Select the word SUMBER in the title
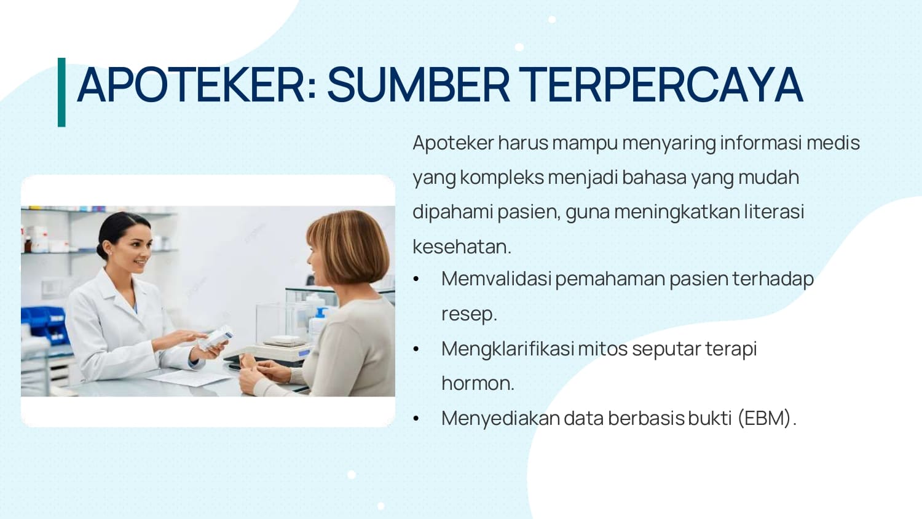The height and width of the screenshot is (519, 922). click(x=418, y=85)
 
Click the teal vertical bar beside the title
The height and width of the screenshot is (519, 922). click(x=61, y=92)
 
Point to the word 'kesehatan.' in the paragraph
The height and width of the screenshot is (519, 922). click(x=462, y=247)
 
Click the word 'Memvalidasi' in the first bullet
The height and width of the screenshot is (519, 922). click(x=496, y=279)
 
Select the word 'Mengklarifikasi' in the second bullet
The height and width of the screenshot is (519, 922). click(x=508, y=349)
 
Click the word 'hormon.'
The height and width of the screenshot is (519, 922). click(x=478, y=383)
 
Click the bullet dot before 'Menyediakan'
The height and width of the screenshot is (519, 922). click(x=416, y=419)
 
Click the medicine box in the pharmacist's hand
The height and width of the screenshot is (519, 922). click(x=216, y=338)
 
